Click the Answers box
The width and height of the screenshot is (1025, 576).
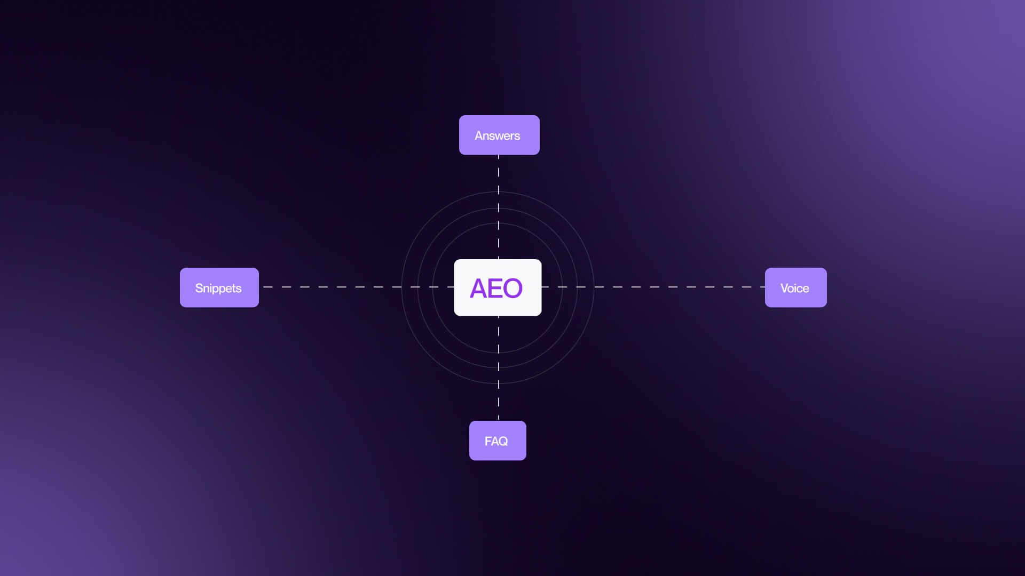[499, 135]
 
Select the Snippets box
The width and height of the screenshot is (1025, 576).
[219, 287]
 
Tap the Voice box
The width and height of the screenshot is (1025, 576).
[795, 287]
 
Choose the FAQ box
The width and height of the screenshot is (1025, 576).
[498, 441]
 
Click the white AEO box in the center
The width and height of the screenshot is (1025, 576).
[498, 287]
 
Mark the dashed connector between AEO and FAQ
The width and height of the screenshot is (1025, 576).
[499, 368]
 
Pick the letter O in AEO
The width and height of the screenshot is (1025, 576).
[512, 289]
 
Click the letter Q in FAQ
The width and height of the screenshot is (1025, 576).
[503, 441]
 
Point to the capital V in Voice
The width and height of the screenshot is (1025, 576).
[785, 288]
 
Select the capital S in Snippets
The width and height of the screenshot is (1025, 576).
[199, 288]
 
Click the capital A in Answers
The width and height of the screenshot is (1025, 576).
[478, 135]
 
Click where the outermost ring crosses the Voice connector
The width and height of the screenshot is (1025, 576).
[594, 287]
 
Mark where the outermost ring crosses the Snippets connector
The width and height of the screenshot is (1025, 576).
[401, 287]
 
